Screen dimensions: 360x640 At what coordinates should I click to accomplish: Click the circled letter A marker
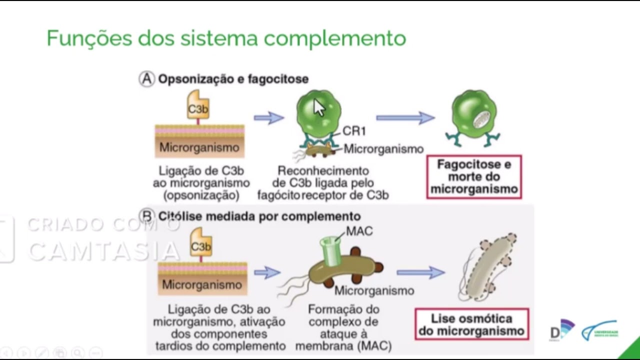(146, 79)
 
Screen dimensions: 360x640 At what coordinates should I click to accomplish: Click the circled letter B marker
(146, 216)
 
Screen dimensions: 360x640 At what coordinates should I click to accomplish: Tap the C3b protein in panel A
(198, 105)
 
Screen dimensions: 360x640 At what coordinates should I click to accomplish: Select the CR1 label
(354, 131)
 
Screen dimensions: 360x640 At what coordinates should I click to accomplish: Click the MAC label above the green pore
(359, 231)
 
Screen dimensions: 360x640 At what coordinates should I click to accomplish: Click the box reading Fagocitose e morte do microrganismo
(474, 177)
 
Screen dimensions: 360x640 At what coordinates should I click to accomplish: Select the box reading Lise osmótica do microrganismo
(471, 324)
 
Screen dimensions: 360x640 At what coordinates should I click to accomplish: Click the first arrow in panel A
(268, 118)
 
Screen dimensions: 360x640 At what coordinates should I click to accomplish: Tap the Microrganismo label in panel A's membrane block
(199, 147)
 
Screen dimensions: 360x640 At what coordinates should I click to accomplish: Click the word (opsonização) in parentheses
(201, 194)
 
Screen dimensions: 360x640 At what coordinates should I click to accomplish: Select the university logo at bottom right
(600, 331)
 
